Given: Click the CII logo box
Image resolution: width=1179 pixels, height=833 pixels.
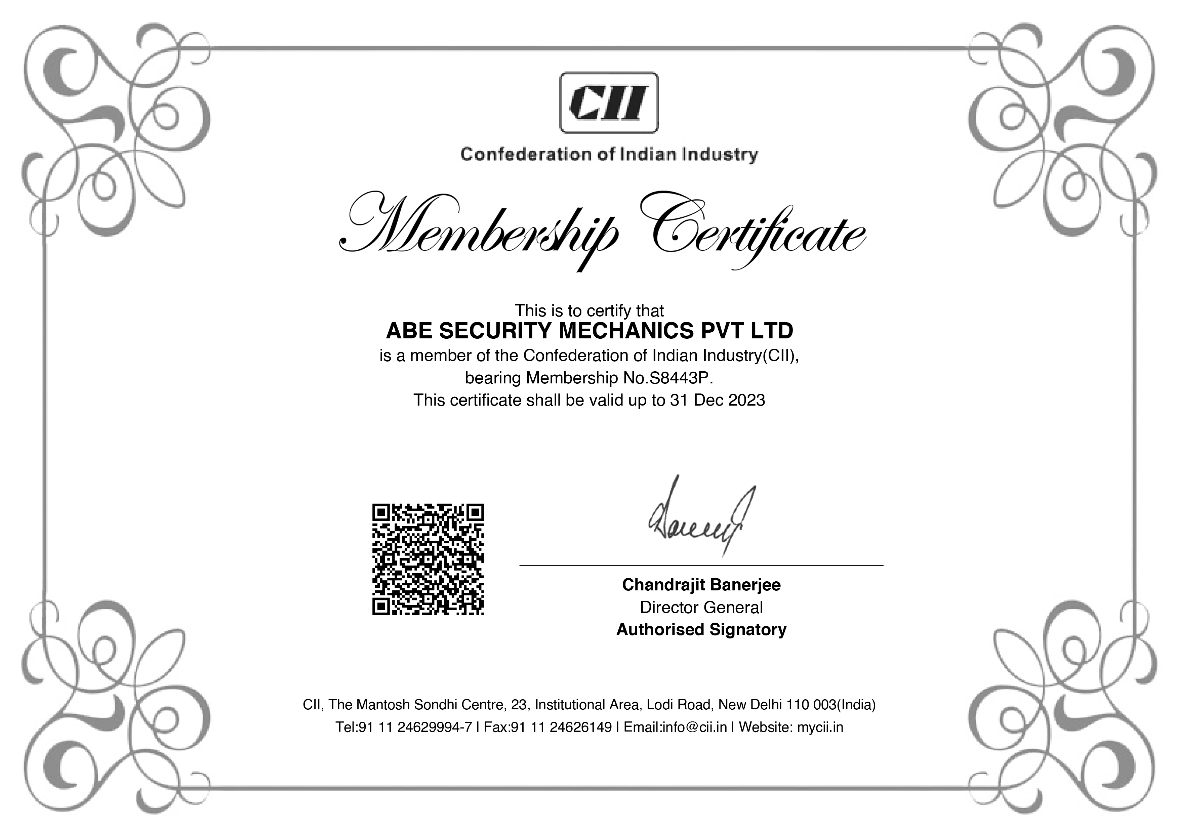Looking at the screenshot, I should point(609,102).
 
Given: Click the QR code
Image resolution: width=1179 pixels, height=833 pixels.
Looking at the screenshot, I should point(428,559).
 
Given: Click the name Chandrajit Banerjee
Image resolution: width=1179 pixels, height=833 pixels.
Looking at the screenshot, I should point(701,585).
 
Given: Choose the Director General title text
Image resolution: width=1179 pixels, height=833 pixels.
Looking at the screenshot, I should point(701,608).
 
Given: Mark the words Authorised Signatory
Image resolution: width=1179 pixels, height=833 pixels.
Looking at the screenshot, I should point(701,630).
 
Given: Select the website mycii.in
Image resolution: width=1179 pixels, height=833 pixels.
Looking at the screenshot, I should point(820,727).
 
